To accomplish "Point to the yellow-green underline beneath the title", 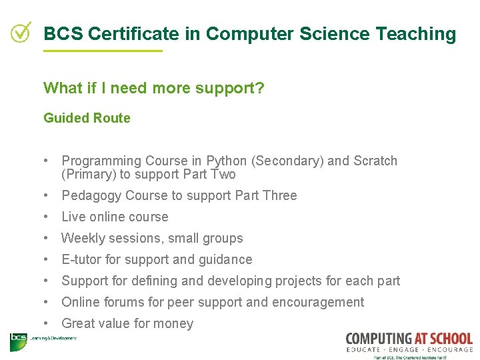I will click(103, 51).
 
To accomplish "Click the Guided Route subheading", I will click(87, 118).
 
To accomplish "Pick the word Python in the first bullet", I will click(227, 161).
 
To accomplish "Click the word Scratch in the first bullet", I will click(375, 161).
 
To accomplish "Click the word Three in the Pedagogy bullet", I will click(279, 195).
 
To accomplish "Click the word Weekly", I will click(83, 238).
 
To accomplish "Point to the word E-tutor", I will click(83, 259).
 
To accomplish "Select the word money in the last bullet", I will click(173, 323).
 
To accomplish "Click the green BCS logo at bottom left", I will click(18, 341).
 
